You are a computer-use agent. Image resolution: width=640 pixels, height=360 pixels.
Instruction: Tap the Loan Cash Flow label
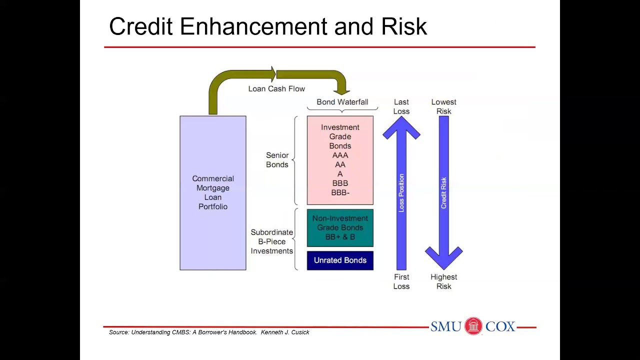click(276, 88)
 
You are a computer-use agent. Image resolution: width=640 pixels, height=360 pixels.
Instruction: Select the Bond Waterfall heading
click(342, 102)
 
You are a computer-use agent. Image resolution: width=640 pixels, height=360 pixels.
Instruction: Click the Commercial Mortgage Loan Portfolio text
click(213, 192)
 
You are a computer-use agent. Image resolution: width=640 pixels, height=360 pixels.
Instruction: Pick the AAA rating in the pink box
click(340, 155)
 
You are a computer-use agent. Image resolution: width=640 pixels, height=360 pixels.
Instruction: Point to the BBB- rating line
click(340, 192)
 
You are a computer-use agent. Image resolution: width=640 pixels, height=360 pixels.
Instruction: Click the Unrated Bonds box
click(340, 260)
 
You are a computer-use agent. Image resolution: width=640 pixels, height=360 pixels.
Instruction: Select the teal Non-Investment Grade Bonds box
click(340, 227)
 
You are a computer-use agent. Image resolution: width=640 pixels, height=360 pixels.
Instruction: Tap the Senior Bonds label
click(277, 160)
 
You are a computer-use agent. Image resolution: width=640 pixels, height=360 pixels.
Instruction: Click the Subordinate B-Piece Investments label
click(271, 241)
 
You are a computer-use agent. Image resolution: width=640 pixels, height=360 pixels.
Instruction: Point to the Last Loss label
click(401, 106)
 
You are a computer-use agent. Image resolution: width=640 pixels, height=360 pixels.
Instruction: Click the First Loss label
click(401, 281)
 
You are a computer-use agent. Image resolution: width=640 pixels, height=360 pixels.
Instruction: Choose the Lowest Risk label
click(443, 106)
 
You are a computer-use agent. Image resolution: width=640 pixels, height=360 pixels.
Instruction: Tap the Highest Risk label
click(443, 281)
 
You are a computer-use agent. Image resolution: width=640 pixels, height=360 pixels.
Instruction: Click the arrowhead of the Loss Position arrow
click(401, 128)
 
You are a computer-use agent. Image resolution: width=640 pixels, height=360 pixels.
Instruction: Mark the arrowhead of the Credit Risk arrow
click(443, 257)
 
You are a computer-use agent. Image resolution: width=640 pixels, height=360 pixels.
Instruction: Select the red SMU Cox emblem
click(473, 326)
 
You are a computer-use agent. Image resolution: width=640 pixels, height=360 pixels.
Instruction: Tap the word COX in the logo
click(500, 326)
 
